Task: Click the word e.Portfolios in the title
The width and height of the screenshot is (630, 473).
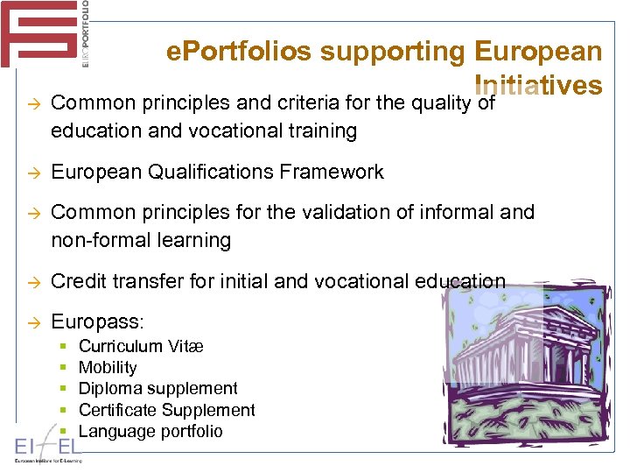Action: click(x=238, y=53)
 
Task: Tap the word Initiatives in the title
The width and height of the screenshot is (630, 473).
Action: click(x=537, y=86)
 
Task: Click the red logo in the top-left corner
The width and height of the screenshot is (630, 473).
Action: click(x=40, y=33)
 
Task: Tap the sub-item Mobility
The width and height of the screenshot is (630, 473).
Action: click(x=108, y=368)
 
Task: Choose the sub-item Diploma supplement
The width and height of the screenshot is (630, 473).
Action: click(x=157, y=389)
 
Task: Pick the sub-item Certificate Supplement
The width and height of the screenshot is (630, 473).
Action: click(x=166, y=410)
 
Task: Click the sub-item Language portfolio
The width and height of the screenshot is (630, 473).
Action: click(x=150, y=431)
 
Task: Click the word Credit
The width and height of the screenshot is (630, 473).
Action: click(x=76, y=281)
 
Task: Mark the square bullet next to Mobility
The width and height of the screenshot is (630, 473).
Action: click(x=66, y=368)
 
